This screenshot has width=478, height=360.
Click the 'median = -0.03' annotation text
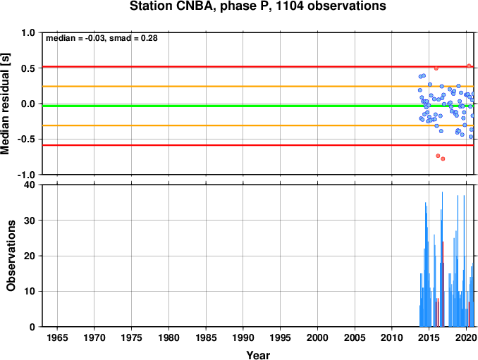tap(75, 38)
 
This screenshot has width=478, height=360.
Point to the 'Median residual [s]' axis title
tap(5, 104)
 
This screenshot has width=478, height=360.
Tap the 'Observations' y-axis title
tap(11, 256)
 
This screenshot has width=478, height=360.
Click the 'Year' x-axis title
tap(258, 355)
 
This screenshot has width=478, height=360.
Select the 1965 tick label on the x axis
tap(57, 337)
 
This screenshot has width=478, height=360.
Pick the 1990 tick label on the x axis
tap(243, 337)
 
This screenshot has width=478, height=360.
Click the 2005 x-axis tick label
tap(355, 337)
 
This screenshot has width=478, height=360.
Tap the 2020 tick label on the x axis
tap(466, 337)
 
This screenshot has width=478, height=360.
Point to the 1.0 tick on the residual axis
tap(28, 32)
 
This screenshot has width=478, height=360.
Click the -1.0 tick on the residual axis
tap(26, 175)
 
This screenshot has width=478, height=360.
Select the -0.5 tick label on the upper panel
tap(26, 139)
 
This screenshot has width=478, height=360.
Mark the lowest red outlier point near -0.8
tap(443, 159)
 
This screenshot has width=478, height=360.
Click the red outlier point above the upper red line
tap(469, 66)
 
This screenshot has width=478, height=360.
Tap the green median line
tap(258, 106)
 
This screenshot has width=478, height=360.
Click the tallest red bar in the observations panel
tap(443, 284)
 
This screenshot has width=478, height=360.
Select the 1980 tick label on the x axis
tap(168, 337)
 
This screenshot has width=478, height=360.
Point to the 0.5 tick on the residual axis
tap(28, 68)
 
